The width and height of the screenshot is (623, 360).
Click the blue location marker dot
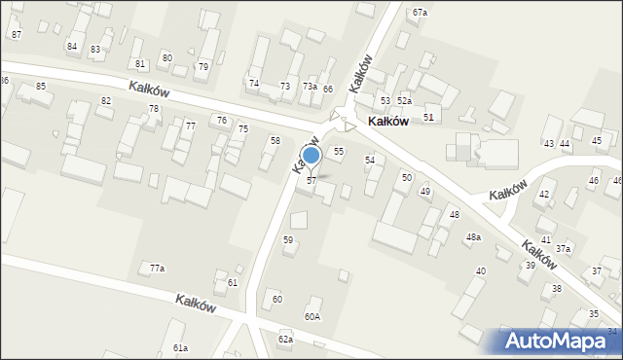[311, 155]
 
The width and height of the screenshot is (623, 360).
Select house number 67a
[420, 12]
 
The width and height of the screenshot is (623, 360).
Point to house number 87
[16, 34]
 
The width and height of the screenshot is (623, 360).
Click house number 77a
[157, 268]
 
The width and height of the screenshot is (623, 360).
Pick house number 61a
[180, 347]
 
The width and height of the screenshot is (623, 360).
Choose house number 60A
[311, 316]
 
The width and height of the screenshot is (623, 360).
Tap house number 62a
[285, 339]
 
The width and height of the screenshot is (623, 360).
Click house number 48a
[473, 237]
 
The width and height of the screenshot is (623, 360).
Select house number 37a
[563, 249]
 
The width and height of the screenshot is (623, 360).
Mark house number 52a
[404, 101]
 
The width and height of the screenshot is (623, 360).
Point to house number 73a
[310, 87]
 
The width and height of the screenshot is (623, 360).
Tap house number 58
[275, 141]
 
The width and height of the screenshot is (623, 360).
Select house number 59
[288, 239]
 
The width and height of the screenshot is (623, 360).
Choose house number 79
[202, 66]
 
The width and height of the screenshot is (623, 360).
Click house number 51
[428, 117]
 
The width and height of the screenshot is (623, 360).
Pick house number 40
[480, 270]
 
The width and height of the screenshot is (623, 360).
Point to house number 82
[105, 101]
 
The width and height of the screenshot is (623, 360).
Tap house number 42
[544, 195]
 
